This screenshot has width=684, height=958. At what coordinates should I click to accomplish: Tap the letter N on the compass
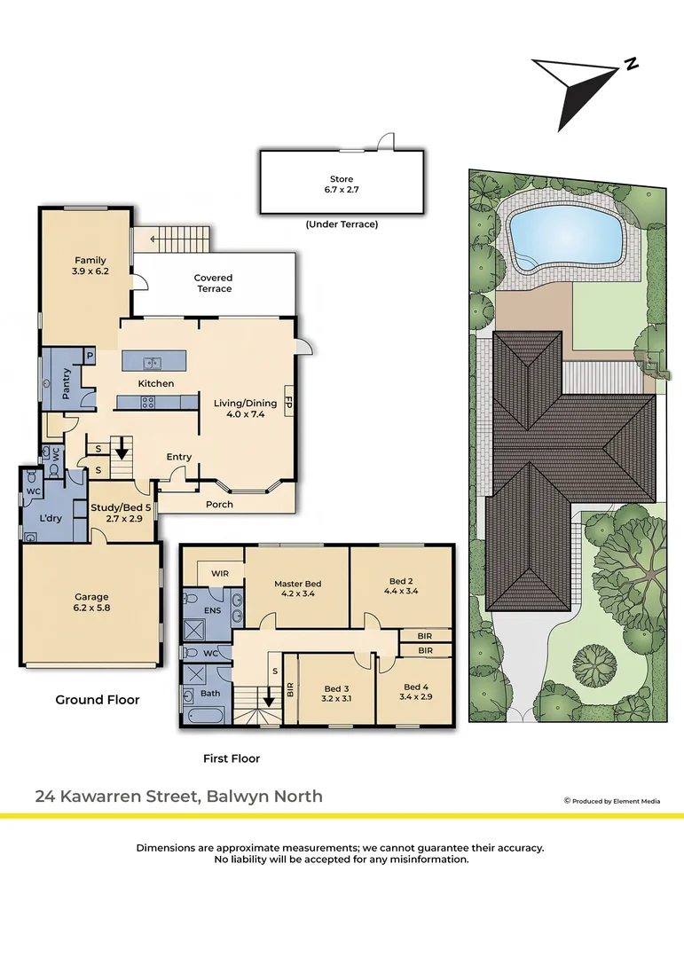coord(632,64)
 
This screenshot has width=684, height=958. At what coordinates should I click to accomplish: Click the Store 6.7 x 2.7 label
coord(341,184)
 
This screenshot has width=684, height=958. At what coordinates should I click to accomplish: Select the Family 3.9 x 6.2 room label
coord(90,265)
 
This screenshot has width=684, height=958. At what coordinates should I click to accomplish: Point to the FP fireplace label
coord(289,404)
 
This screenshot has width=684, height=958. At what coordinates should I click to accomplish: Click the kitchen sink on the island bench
coord(153,363)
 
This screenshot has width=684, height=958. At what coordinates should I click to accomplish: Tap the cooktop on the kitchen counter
coord(148,402)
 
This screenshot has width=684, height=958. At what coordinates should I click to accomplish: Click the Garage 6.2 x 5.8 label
coord(91,601)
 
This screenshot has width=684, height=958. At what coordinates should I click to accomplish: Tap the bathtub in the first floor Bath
coord(207,714)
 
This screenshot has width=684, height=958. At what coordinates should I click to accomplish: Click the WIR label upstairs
coord(220,574)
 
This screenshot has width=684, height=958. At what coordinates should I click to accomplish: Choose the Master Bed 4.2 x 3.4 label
coord(298,588)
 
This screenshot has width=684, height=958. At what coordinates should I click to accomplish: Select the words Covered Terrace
coord(213,283)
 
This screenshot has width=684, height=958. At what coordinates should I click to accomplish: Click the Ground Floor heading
coord(98,700)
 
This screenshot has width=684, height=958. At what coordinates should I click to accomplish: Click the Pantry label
coord(67,383)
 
